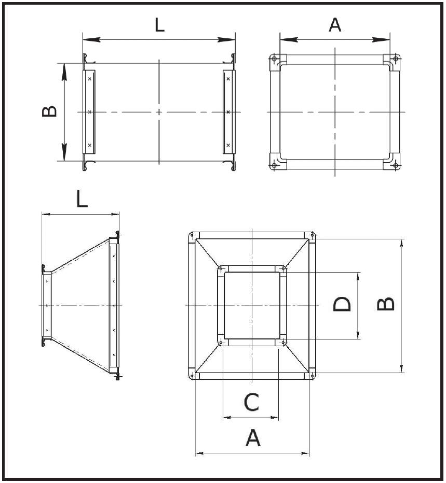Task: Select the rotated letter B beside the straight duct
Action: coord(50,112)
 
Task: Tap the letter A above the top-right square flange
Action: coord(335,24)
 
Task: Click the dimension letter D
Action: coord(342,305)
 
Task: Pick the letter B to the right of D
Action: coord(386,305)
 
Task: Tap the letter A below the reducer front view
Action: coord(253,438)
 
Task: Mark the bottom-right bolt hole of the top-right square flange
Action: coord(396,165)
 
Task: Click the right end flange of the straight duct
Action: coord(228,112)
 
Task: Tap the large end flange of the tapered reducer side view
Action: coord(114,306)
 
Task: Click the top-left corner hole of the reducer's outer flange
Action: coord(193,236)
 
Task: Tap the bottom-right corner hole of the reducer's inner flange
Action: coord(283,343)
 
